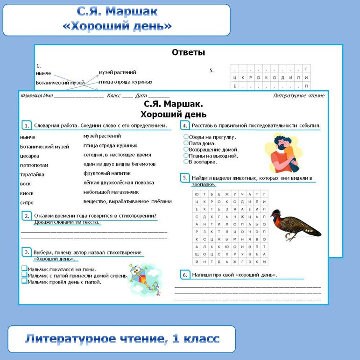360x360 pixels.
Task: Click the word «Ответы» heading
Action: tap(188, 53)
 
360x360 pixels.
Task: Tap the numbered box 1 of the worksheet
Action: tap(27, 126)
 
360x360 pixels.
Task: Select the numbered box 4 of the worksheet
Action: tap(185, 126)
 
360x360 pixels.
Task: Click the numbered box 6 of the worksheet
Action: tap(185, 275)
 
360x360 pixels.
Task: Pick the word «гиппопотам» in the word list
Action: tap(34, 165)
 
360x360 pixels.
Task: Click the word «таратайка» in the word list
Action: tap(32, 175)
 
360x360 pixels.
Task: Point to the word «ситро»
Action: tap(27, 203)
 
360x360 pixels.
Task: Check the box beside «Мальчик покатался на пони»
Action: tap(24, 269)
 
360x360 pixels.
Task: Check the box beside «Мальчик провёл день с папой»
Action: tap(24, 282)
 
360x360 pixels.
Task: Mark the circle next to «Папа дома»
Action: tap(186, 143)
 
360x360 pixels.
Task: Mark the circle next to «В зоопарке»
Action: tap(186, 162)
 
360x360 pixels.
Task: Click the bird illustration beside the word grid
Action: tap(295, 224)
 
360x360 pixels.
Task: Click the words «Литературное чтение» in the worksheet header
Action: tap(299, 96)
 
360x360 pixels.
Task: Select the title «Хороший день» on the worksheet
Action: tap(173, 114)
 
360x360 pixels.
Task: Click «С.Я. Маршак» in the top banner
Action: tap(117, 11)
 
